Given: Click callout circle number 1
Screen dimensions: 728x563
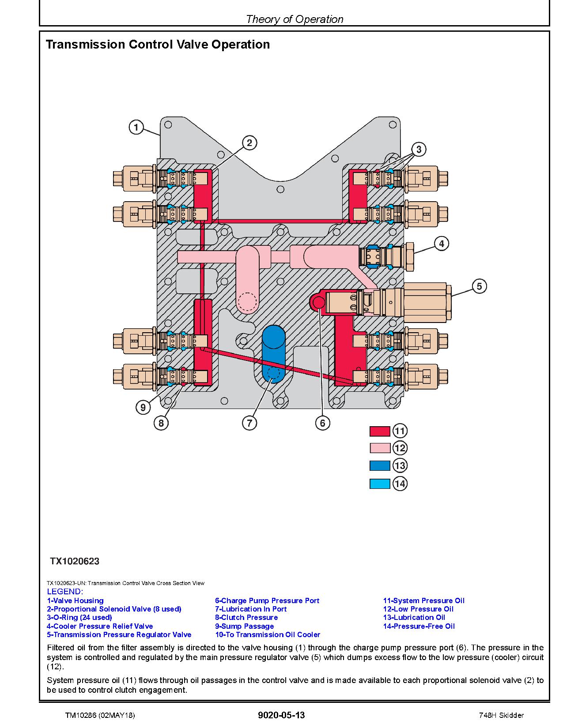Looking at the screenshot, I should click(136, 128).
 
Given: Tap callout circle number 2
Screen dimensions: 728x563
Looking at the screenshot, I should click(249, 143).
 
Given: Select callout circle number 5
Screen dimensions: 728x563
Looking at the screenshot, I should click(480, 286).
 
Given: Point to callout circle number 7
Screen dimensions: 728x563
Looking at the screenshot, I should click(249, 423).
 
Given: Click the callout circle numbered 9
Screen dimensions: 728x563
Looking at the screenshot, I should click(143, 407).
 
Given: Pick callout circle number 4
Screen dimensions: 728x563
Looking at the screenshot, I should click(441, 244).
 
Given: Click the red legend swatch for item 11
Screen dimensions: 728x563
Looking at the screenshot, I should click(380, 431).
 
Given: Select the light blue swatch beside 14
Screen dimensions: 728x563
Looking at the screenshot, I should click(380, 484).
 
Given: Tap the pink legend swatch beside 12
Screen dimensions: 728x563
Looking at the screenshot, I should click(380, 448).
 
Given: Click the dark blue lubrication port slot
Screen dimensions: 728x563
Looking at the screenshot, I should click(273, 353).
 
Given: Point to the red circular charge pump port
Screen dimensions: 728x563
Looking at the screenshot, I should click(318, 302).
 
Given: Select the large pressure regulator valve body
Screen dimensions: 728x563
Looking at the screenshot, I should click(426, 302).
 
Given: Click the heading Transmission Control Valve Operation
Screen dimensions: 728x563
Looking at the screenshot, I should click(158, 45).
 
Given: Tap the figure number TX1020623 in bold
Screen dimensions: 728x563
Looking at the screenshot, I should click(74, 561).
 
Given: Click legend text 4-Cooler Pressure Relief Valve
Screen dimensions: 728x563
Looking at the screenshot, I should click(100, 626).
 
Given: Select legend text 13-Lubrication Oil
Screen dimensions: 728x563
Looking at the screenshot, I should click(414, 617).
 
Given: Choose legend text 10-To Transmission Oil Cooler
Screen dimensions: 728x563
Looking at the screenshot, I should click(268, 634).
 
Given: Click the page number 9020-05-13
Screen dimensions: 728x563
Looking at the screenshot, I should click(281, 715).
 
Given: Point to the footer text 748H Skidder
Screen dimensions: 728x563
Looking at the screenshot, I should click(501, 715).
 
